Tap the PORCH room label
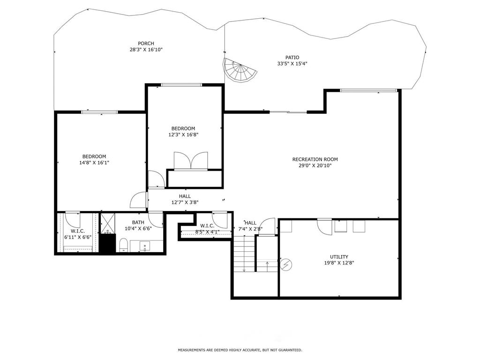(146, 44)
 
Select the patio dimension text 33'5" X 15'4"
(292, 64)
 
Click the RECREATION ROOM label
(315, 159)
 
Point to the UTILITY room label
(338, 257)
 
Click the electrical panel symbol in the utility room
(285, 265)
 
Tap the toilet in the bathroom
(124, 244)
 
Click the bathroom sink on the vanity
(144, 246)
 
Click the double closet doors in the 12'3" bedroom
(190, 160)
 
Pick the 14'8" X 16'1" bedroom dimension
(94, 163)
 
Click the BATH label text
(138, 223)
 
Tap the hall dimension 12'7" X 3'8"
(185, 202)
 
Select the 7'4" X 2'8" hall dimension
(250, 229)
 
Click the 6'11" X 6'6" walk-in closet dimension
(77, 237)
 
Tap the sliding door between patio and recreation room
(288, 112)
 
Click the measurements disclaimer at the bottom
(240, 350)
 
